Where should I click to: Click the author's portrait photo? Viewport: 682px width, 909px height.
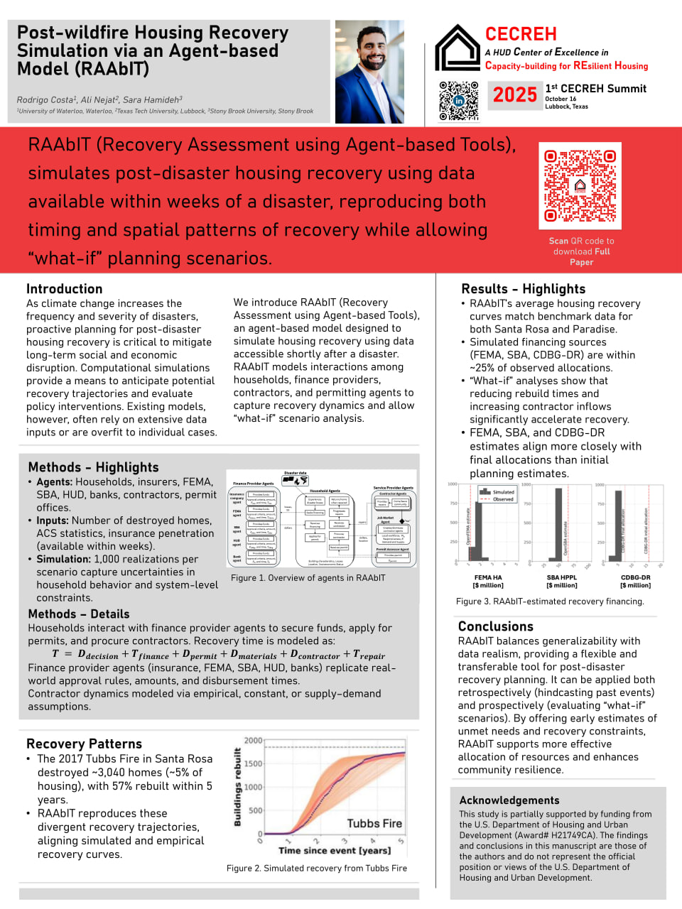[369, 72]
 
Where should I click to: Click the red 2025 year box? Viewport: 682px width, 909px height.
[514, 95]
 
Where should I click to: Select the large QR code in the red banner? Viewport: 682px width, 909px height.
[580, 185]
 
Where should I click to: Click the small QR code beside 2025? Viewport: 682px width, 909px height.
[458, 101]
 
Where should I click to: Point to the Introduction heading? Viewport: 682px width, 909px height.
[65, 289]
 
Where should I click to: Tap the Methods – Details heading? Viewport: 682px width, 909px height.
[79, 614]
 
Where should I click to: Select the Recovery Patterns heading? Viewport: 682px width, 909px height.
[84, 744]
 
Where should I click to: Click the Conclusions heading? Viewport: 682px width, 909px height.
[496, 626]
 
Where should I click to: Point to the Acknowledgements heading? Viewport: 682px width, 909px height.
[509, 800]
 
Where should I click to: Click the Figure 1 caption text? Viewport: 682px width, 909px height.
[308, 578]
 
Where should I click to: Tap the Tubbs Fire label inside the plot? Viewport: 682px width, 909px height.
[374, 824]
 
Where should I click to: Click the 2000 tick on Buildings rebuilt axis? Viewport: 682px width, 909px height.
[254, 741]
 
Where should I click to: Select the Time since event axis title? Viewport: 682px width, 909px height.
[335, 851]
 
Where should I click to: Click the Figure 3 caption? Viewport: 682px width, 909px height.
[550, 602]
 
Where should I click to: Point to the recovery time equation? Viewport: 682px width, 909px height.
[218, 655]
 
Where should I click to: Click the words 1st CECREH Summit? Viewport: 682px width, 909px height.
[596, 89]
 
